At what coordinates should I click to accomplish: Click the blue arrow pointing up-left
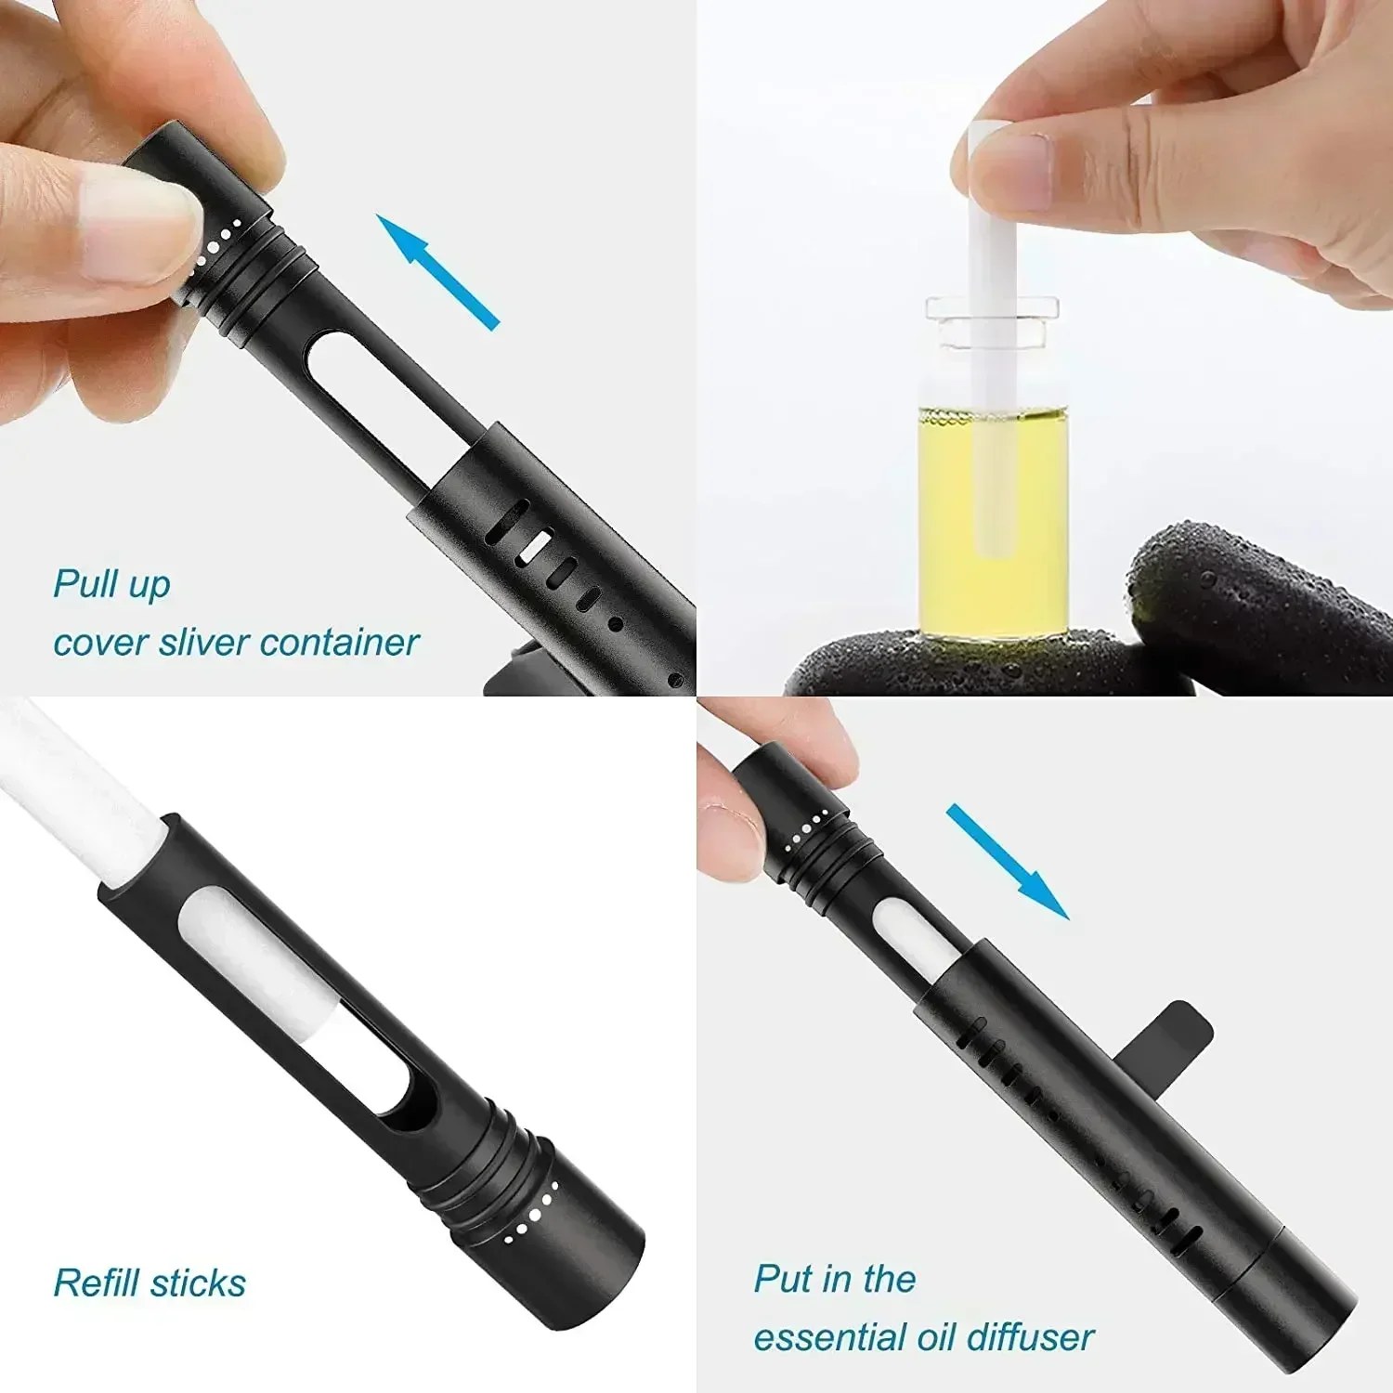437,270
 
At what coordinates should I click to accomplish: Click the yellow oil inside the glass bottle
992,525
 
